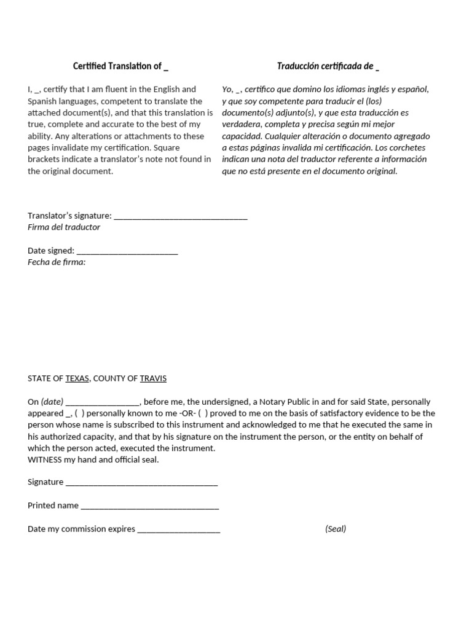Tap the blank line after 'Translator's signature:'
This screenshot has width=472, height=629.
coord(181,216)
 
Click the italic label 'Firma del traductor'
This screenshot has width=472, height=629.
coord(64,227)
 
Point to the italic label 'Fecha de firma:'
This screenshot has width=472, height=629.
coord(57,262)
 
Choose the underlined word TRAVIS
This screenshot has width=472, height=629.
coord(153,378)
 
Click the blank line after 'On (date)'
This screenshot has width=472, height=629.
coord(103,402)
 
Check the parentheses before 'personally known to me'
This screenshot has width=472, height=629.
coord(80,413)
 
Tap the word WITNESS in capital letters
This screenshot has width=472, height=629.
coord(46,459)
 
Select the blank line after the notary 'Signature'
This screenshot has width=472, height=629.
coord(141,482)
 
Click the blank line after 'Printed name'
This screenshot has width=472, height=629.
coord(149,506)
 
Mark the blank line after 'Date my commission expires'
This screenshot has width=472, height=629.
coord(179,529)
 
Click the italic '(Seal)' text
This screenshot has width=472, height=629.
coord(336,529)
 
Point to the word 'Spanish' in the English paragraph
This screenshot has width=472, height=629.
coord(42,101)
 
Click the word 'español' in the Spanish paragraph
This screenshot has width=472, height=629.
coord(413,90)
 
